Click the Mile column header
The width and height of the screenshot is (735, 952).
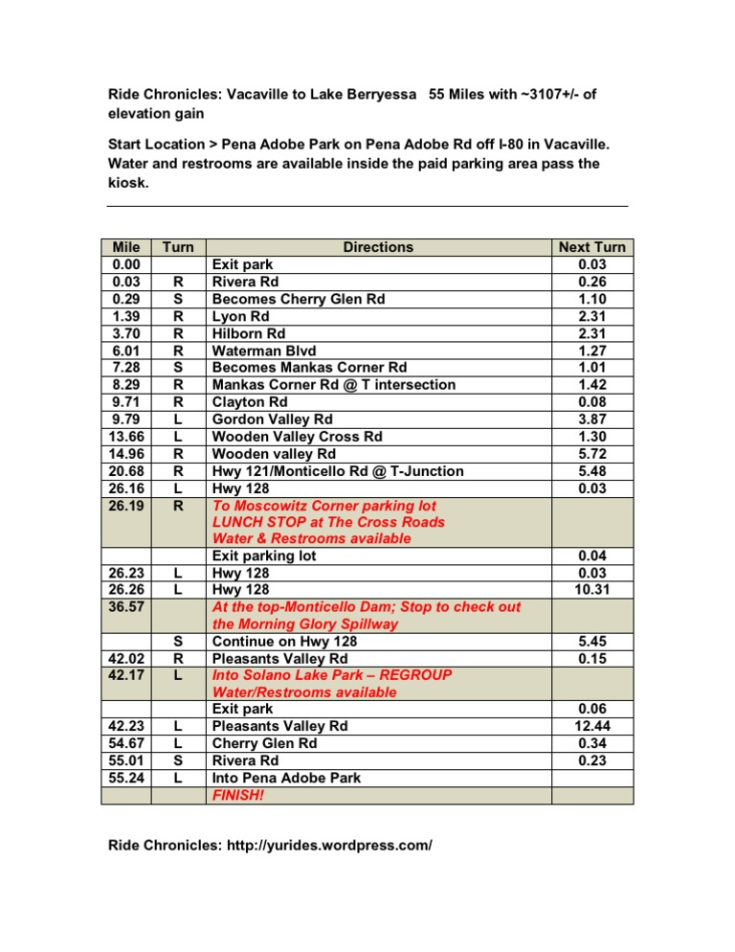(125, 247)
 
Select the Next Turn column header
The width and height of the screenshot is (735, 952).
(591, 247)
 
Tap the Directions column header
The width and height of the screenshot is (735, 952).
(378, 247)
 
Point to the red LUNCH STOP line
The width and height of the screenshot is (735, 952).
(328, 521)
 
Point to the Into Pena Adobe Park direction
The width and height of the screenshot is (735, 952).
(286, 778)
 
